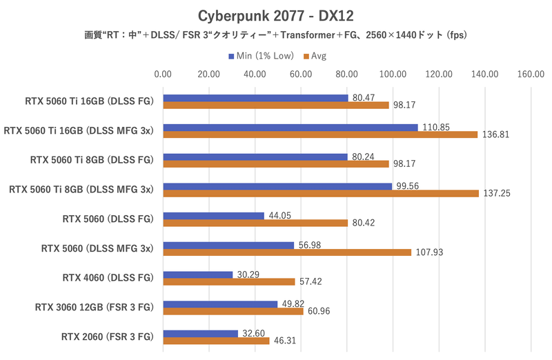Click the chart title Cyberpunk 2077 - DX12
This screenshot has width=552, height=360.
(275, 15)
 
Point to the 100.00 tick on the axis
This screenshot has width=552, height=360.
(393, 74)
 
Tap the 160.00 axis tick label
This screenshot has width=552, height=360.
(531, 74)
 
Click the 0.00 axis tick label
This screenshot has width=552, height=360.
(164, 74)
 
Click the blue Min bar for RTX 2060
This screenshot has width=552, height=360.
(201, 334)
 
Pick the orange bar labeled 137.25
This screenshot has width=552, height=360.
(321, 193)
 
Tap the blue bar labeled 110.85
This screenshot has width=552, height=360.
(290, 128)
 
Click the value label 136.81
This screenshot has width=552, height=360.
(495, 134)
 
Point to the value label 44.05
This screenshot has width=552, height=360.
(281, 216)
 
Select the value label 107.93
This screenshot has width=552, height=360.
(428, 252)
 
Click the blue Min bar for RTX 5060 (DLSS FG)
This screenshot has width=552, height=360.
(214, 216)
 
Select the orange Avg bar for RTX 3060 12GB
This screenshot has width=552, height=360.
(233, 312)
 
